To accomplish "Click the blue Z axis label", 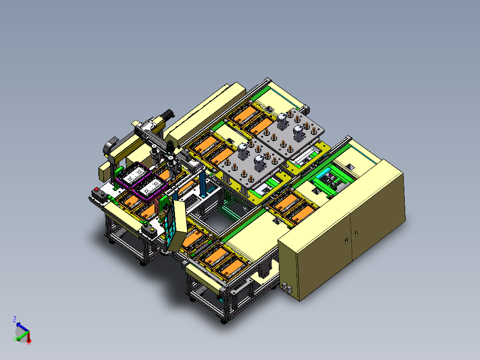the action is tap(15, 319).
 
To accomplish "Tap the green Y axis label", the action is tap(14, 339).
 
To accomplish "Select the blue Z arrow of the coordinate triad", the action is tap(23, 327).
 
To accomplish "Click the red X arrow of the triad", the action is tap(28, 336).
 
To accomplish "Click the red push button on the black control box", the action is tap(97, 189).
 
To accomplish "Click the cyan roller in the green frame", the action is tap(323, 174).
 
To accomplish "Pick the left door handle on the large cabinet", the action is tap(346, 241).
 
